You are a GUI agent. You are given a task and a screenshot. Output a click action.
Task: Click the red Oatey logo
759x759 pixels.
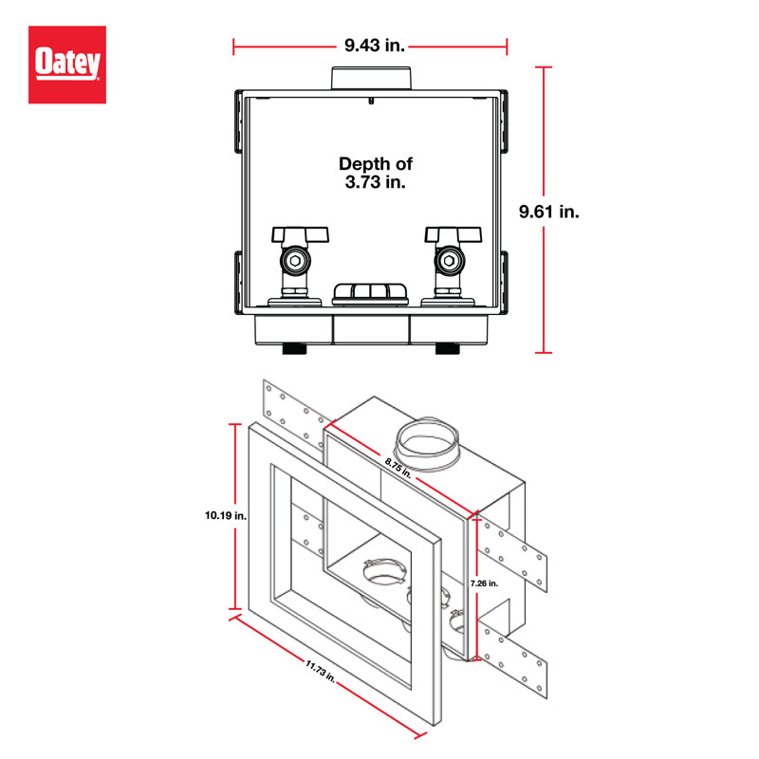[66, 65]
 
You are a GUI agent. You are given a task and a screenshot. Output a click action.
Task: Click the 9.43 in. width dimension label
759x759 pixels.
[370, 45]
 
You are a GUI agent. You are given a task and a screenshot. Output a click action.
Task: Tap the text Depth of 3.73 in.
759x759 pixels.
[376, 173]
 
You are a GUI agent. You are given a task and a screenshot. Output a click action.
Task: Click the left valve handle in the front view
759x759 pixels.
[300, 233]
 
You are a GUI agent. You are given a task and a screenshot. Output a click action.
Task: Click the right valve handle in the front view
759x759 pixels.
[453, 233]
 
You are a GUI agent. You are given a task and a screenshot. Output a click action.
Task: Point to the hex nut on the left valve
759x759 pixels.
[297, 260]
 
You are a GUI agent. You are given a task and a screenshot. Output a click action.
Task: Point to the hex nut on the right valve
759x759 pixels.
[449, 260]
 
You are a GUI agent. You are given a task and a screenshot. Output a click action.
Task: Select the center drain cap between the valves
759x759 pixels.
[372, 292]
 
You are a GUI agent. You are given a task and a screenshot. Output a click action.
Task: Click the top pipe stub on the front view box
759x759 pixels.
[370, 78]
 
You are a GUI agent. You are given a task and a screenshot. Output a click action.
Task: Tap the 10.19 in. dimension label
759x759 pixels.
[225, 516]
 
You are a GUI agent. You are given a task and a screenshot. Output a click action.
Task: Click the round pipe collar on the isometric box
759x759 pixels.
[425, 444]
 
